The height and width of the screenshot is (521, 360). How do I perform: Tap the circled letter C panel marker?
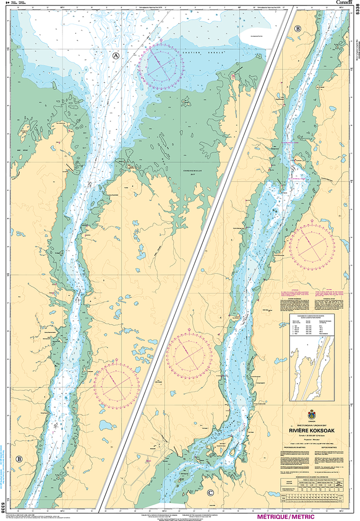click(x=210, y=493)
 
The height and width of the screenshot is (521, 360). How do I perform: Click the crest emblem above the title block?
click(x=311, y=414)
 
